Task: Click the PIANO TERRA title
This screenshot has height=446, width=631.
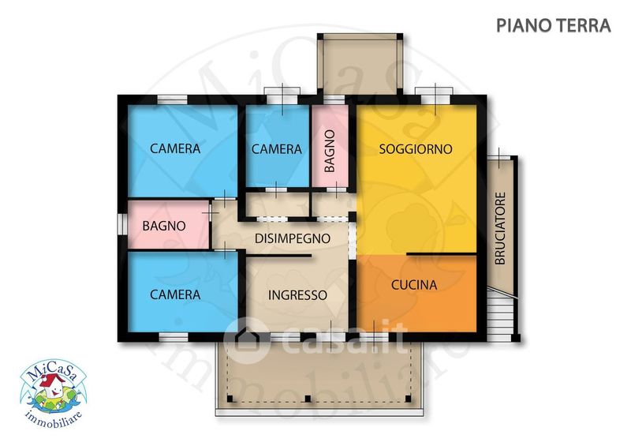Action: [x=554, y=25]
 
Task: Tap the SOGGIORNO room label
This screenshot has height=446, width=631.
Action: [x=416, y=149]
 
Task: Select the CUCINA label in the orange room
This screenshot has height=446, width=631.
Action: [x=414, y=285]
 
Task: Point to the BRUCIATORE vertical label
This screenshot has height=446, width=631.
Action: [x=500, y=228]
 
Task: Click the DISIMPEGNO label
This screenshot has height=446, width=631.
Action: [x=293, y=238]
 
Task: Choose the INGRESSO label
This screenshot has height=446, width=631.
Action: [x=297, y=295]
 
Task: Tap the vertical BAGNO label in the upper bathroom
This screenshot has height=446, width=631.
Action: [x=330, y=151]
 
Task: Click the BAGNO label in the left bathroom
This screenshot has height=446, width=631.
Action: [x=164, y=226]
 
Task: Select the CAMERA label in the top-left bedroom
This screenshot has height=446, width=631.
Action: [x=175, y=148]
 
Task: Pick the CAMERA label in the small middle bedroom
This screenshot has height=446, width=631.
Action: [x=277, y=149]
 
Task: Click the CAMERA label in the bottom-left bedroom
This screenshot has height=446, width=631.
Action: [x=175, y=294]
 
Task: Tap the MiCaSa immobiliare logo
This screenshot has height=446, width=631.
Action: [x=53, y=393]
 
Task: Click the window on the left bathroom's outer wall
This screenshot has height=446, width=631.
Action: [x=122, y=223]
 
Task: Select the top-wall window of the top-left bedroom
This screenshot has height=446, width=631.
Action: [x=172, y=99]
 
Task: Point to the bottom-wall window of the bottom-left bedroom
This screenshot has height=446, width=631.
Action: [x=174, y=337]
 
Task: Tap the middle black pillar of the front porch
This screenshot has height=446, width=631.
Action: [x=308, y=399]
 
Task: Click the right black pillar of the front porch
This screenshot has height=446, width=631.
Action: [x=408, y=399]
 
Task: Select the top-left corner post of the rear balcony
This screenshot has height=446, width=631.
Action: [x=320, y=36]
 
